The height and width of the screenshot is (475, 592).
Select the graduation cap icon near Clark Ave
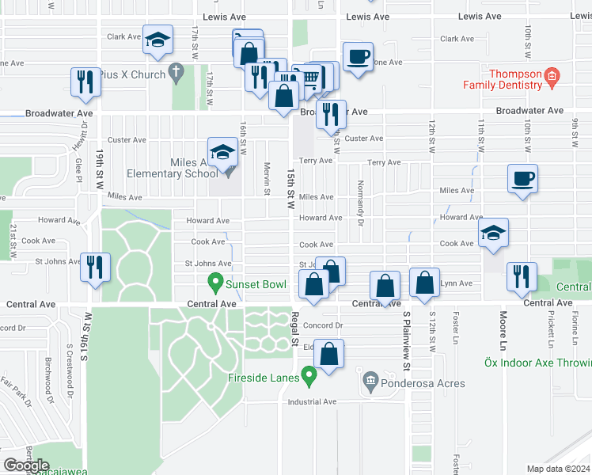coord(157,39)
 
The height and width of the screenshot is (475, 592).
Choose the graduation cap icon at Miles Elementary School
coord(222,151)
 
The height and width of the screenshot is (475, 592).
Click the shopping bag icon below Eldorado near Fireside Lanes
coord(330,353)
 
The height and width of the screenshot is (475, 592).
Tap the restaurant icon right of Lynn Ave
coord(520,276)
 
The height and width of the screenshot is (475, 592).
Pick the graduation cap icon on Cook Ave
coord(493,233)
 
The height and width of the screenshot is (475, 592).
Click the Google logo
coord(26,465)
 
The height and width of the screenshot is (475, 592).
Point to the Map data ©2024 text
coord(558,469)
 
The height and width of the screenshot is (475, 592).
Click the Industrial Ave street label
coord(313,401)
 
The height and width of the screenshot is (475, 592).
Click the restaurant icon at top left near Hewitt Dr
coord(84,82)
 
